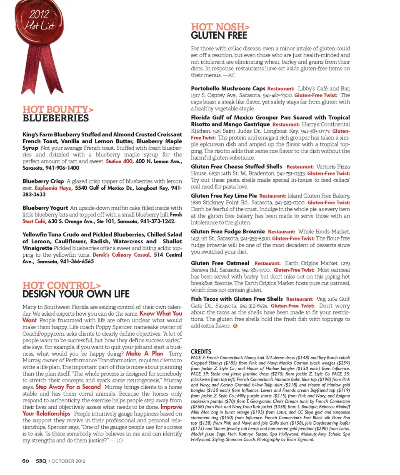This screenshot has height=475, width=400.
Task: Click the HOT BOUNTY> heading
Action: tap(57, 109)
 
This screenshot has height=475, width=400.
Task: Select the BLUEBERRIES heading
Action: tap(55, 119)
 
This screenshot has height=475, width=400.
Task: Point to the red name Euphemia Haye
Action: tap(52, 188)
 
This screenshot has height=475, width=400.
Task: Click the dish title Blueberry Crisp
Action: tap(43, 181)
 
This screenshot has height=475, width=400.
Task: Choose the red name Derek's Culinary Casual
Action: tap(121, 255)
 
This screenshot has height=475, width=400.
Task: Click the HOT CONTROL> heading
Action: tap(61, 285)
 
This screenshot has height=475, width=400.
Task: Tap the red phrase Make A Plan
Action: tap(145, 353)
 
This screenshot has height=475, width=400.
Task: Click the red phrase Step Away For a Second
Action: tap(68, 386)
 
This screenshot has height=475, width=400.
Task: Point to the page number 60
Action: tap(25, 460)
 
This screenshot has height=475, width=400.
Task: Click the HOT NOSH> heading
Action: tap(217, 27)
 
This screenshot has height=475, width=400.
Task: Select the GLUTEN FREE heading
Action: tap(219, 36)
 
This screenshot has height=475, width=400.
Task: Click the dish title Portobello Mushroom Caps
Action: tap(227, 89)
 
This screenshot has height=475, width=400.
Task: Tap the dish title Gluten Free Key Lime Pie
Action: tap(223, 195)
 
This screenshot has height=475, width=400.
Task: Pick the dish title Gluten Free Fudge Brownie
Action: tap(227, 231)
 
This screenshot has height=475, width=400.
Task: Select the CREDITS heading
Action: tap(201, 351)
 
